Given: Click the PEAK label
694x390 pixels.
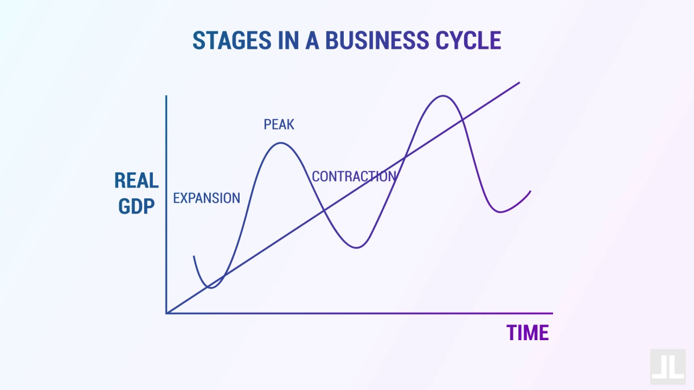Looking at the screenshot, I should (x=279, y=125).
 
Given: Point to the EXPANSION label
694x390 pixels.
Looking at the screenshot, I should (x=207, y=198).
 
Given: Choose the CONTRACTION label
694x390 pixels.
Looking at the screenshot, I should (x=354, y=177).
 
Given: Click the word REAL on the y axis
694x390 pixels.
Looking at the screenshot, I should (x=136, y=181).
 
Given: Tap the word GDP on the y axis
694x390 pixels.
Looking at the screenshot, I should (x=136, y=206).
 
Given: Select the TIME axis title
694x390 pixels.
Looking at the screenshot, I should (x=528, y=333).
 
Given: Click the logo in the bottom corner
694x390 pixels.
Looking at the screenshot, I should (x=667, y=367).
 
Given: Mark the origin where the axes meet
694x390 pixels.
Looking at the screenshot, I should (x=166, y=313).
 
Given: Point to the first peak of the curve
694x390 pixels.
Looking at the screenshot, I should (x=280, y=143).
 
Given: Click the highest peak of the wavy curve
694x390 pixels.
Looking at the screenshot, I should (x=444, y=96).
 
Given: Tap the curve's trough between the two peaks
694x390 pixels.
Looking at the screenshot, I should (x=356, y=248).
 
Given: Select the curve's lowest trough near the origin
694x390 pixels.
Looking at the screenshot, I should (x=211, y=288).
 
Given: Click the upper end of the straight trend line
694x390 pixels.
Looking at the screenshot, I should (x=519, y=83).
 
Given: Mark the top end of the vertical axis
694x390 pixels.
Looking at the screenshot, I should (x=166, y=96).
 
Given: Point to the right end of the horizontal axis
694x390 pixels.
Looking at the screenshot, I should (x=552, y=313).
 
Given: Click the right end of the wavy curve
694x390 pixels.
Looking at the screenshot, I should (x=530, y=191).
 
